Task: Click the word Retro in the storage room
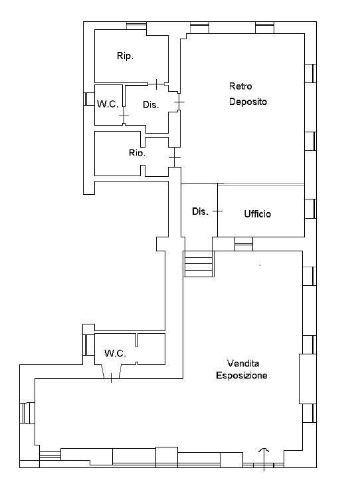click(240, 86)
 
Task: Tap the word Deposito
click(248, 102)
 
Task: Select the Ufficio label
click(258, 214)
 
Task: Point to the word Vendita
click(243, 364)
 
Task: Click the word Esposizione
click(242, 375)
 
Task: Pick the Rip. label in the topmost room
click(125, 56)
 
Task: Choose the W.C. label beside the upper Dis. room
click(108, 104)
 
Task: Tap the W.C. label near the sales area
click(116, 353)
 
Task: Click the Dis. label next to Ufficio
click(200, 211)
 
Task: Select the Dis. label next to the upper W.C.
click(151, 104)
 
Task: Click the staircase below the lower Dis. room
click(199, 264)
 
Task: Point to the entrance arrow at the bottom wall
click(264, 459)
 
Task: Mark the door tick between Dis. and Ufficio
click(218, 211)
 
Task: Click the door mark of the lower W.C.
click(112, 378)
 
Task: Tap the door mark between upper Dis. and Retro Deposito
click(179, 102)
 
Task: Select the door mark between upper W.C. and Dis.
click(124, 116)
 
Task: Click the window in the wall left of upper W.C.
click(89, 99)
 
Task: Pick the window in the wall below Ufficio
click(244, 244)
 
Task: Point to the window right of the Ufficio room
click(310, 209)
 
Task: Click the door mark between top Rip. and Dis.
click(157, 84)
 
